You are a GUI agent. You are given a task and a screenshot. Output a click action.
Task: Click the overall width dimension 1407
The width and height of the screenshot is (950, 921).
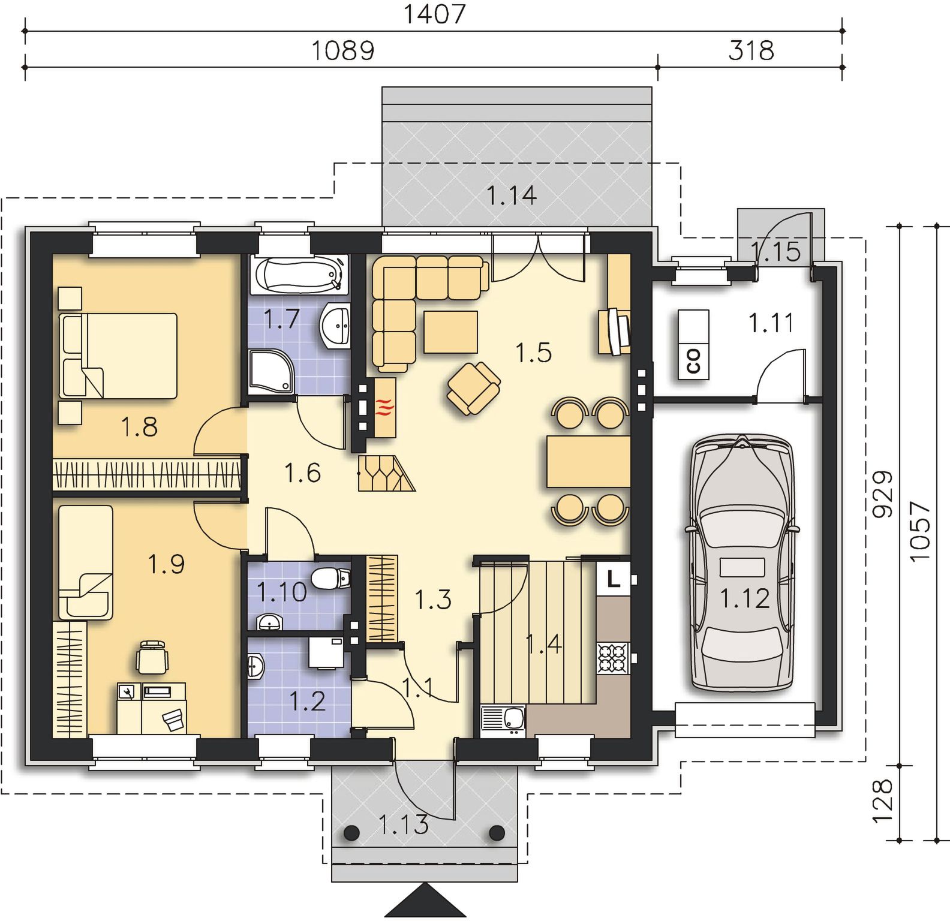[x=434, y=13]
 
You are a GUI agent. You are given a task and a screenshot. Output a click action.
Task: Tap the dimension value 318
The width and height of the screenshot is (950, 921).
[x=751, y=50]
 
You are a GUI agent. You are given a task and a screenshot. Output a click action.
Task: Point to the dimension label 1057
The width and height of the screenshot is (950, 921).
[x=919, y=531]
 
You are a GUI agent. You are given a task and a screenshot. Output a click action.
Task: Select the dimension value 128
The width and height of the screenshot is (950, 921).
[x=882, y=802]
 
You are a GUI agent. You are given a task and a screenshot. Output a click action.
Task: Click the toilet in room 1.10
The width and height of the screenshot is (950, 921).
[x=331, y=579]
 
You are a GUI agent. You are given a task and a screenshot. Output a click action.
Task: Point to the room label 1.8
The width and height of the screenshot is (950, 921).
[x=139, y=427]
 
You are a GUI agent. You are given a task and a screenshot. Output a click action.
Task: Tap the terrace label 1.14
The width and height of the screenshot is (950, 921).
[x=511, y=195]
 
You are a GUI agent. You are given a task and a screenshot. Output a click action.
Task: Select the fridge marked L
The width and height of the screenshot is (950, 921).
[x=613, y=578]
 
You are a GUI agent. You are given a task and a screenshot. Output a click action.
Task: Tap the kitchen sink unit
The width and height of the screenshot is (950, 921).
[x=503, y=720]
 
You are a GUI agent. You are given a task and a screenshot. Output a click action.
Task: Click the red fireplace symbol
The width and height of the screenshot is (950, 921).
[x=385, y=408]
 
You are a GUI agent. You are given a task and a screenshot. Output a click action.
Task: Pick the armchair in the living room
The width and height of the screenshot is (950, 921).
[x=473, y=389]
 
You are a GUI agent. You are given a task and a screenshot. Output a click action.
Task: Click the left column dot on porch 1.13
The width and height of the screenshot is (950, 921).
[x=351, y=832]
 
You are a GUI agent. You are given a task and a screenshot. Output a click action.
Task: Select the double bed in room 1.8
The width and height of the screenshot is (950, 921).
[x=118, y=356]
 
